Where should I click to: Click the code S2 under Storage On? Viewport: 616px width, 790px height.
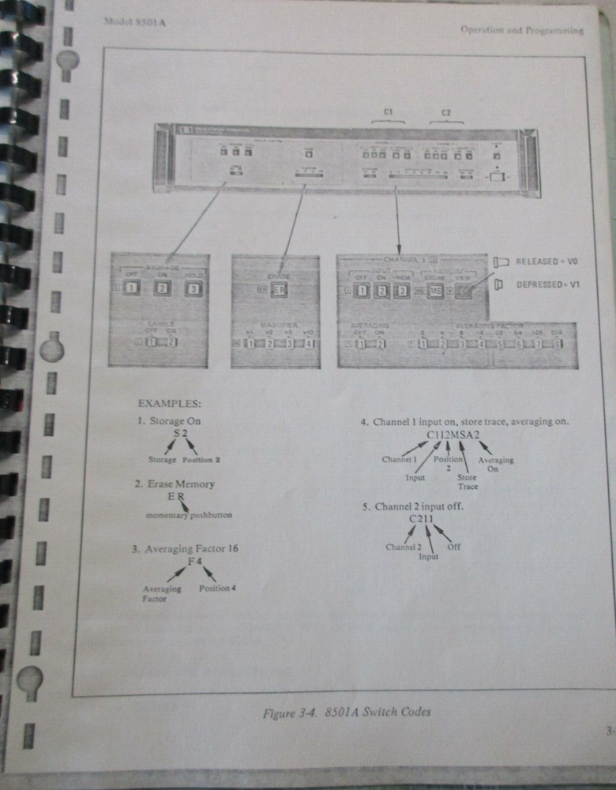point(182,434)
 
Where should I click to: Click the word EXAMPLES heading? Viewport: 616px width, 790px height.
point(168,404)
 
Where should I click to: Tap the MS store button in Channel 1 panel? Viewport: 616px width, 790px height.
point(434,292)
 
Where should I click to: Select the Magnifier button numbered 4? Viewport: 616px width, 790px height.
point(310,343)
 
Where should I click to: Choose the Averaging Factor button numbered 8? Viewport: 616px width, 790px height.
point(557,344)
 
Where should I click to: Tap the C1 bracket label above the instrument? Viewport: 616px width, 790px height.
point(388,113)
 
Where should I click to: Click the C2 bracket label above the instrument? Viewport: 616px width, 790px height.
point(446,113)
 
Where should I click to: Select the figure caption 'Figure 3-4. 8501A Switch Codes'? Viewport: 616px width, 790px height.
point(347,713)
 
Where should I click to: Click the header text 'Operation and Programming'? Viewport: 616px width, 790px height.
point(522,31)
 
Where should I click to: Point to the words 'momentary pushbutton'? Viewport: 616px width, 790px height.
point(189,515)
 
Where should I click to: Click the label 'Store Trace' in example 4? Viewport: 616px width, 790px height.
point(468,482)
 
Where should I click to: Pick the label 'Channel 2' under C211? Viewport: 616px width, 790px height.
point(404,547)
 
